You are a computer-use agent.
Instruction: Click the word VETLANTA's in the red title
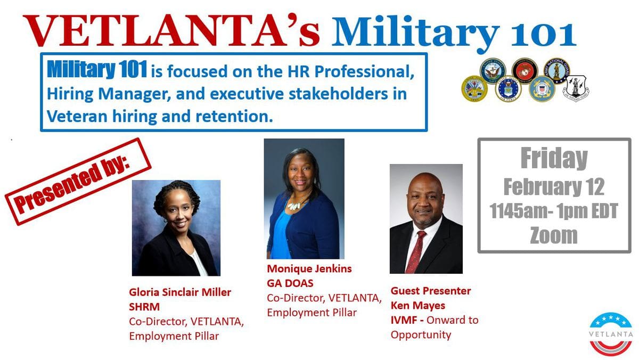click(x=171, y=30)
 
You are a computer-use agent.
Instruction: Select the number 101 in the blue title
click(x=544, y=34)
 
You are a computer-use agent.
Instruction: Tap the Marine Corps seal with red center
click(x=525, y=71)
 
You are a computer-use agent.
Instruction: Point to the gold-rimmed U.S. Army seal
click(x=474, y=88)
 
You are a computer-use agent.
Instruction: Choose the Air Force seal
click(x=508, y=89)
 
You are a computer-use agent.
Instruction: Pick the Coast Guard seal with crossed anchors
click(x=542, y=89)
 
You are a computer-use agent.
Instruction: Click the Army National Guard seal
click(x=556, y=70)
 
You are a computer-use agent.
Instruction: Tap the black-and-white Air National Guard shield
click(x=576, y=88)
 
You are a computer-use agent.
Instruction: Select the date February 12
click(x=554, y=187)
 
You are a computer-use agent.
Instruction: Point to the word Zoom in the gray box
click(x=554, y=235)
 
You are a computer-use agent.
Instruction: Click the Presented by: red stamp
click(x=78, y=182)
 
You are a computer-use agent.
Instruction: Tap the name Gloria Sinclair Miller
click(x=180, y=292)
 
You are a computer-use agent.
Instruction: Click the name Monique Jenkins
click(x=309, y=268)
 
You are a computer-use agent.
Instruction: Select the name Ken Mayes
click(x=418, y=306)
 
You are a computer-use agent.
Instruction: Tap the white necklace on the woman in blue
click(x=294, y=205)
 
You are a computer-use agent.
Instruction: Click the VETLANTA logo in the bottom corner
click(x=611, y=334)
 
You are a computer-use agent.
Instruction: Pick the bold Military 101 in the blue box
click(x=97, y=69)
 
